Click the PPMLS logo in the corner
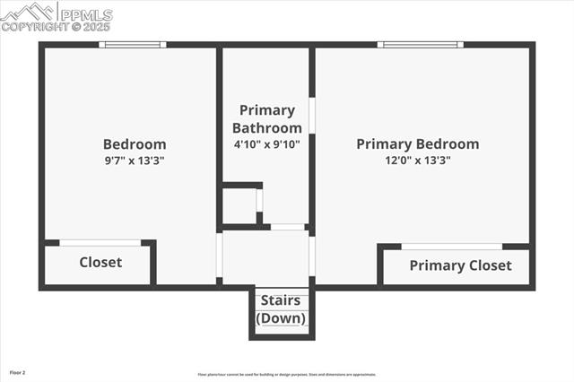coord(57,16)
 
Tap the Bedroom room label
coord(135,143)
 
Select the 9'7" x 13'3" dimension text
coord(135,161)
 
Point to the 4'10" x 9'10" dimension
coord(266,143)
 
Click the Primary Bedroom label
coord(417,143)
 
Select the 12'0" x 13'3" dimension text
coord(417,161)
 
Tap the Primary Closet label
coord(460,265)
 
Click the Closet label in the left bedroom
coord(100,262)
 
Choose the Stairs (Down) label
coord(282,309)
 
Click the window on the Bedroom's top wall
coord(132,44)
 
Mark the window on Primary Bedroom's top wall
coord(419,44)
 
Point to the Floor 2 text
coord(18,372)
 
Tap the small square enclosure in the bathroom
coord(239,204)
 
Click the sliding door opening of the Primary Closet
coord(451,247)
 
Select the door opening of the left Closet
coord(100,242)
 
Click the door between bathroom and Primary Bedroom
coord(312,116)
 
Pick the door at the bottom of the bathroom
coord(287,227)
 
